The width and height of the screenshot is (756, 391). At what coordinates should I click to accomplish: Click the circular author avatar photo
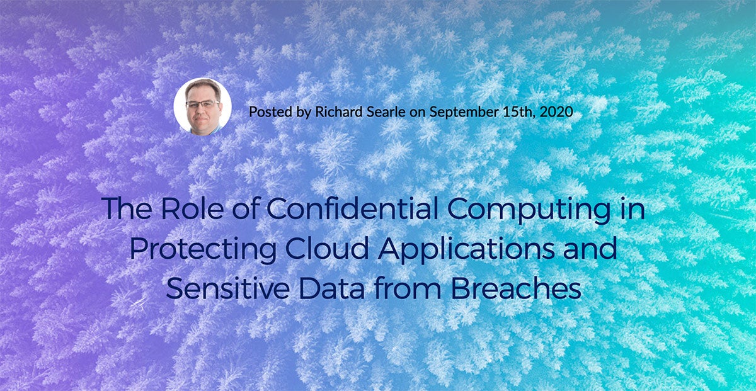coord(202,106)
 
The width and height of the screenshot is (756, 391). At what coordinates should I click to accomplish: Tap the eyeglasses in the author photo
coord(202,103)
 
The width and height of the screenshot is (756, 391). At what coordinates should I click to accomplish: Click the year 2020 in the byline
coord(556,112)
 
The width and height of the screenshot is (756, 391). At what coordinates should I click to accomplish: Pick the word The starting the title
coord(125,209)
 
